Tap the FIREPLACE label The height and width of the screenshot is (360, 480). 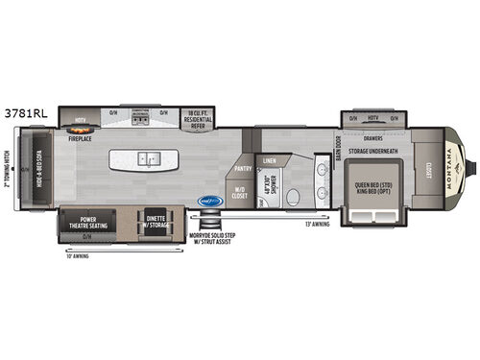pyautogui.click(x=80, y=137)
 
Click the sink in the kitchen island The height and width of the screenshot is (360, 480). pyautogui.click(x=148, y=157)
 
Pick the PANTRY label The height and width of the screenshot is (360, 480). pyautogui.click(x=242, y=167)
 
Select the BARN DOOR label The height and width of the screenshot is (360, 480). pyautogui.click(x=338, y=149)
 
